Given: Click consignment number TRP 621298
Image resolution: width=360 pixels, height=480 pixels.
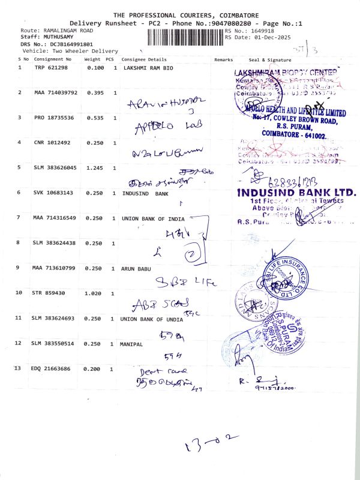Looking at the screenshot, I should click(52, 68).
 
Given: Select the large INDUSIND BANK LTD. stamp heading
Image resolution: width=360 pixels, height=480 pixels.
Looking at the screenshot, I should click(296, 193).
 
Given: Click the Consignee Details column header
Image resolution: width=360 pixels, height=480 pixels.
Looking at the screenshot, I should click(143, 59).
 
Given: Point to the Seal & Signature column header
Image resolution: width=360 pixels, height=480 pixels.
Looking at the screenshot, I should click(269, 59).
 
